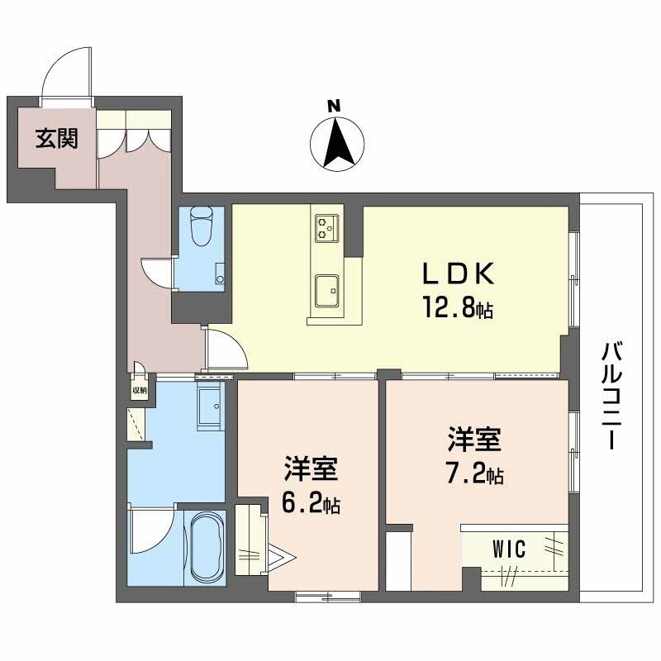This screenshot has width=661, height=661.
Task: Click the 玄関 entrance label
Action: (56, 138)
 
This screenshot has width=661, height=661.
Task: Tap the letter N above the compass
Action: (334, 106)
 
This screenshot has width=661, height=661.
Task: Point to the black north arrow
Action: (339, 143)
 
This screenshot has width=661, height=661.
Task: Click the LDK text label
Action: (458, 273)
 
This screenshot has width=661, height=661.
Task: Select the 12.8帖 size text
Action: (458, 307)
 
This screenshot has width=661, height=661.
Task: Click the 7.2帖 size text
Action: (474, 474)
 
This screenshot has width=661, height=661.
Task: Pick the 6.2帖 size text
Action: (311, 502)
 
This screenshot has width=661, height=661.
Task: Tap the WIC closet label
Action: (509, 549)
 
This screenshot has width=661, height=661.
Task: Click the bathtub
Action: (206, 547)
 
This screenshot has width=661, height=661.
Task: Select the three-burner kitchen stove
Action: (326, 228)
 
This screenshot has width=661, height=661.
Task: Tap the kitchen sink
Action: (326, 291)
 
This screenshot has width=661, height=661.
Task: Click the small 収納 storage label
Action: (140, 390)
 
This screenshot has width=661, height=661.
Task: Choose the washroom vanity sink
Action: (208, 406)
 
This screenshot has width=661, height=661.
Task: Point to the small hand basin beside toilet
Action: (220, 274)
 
